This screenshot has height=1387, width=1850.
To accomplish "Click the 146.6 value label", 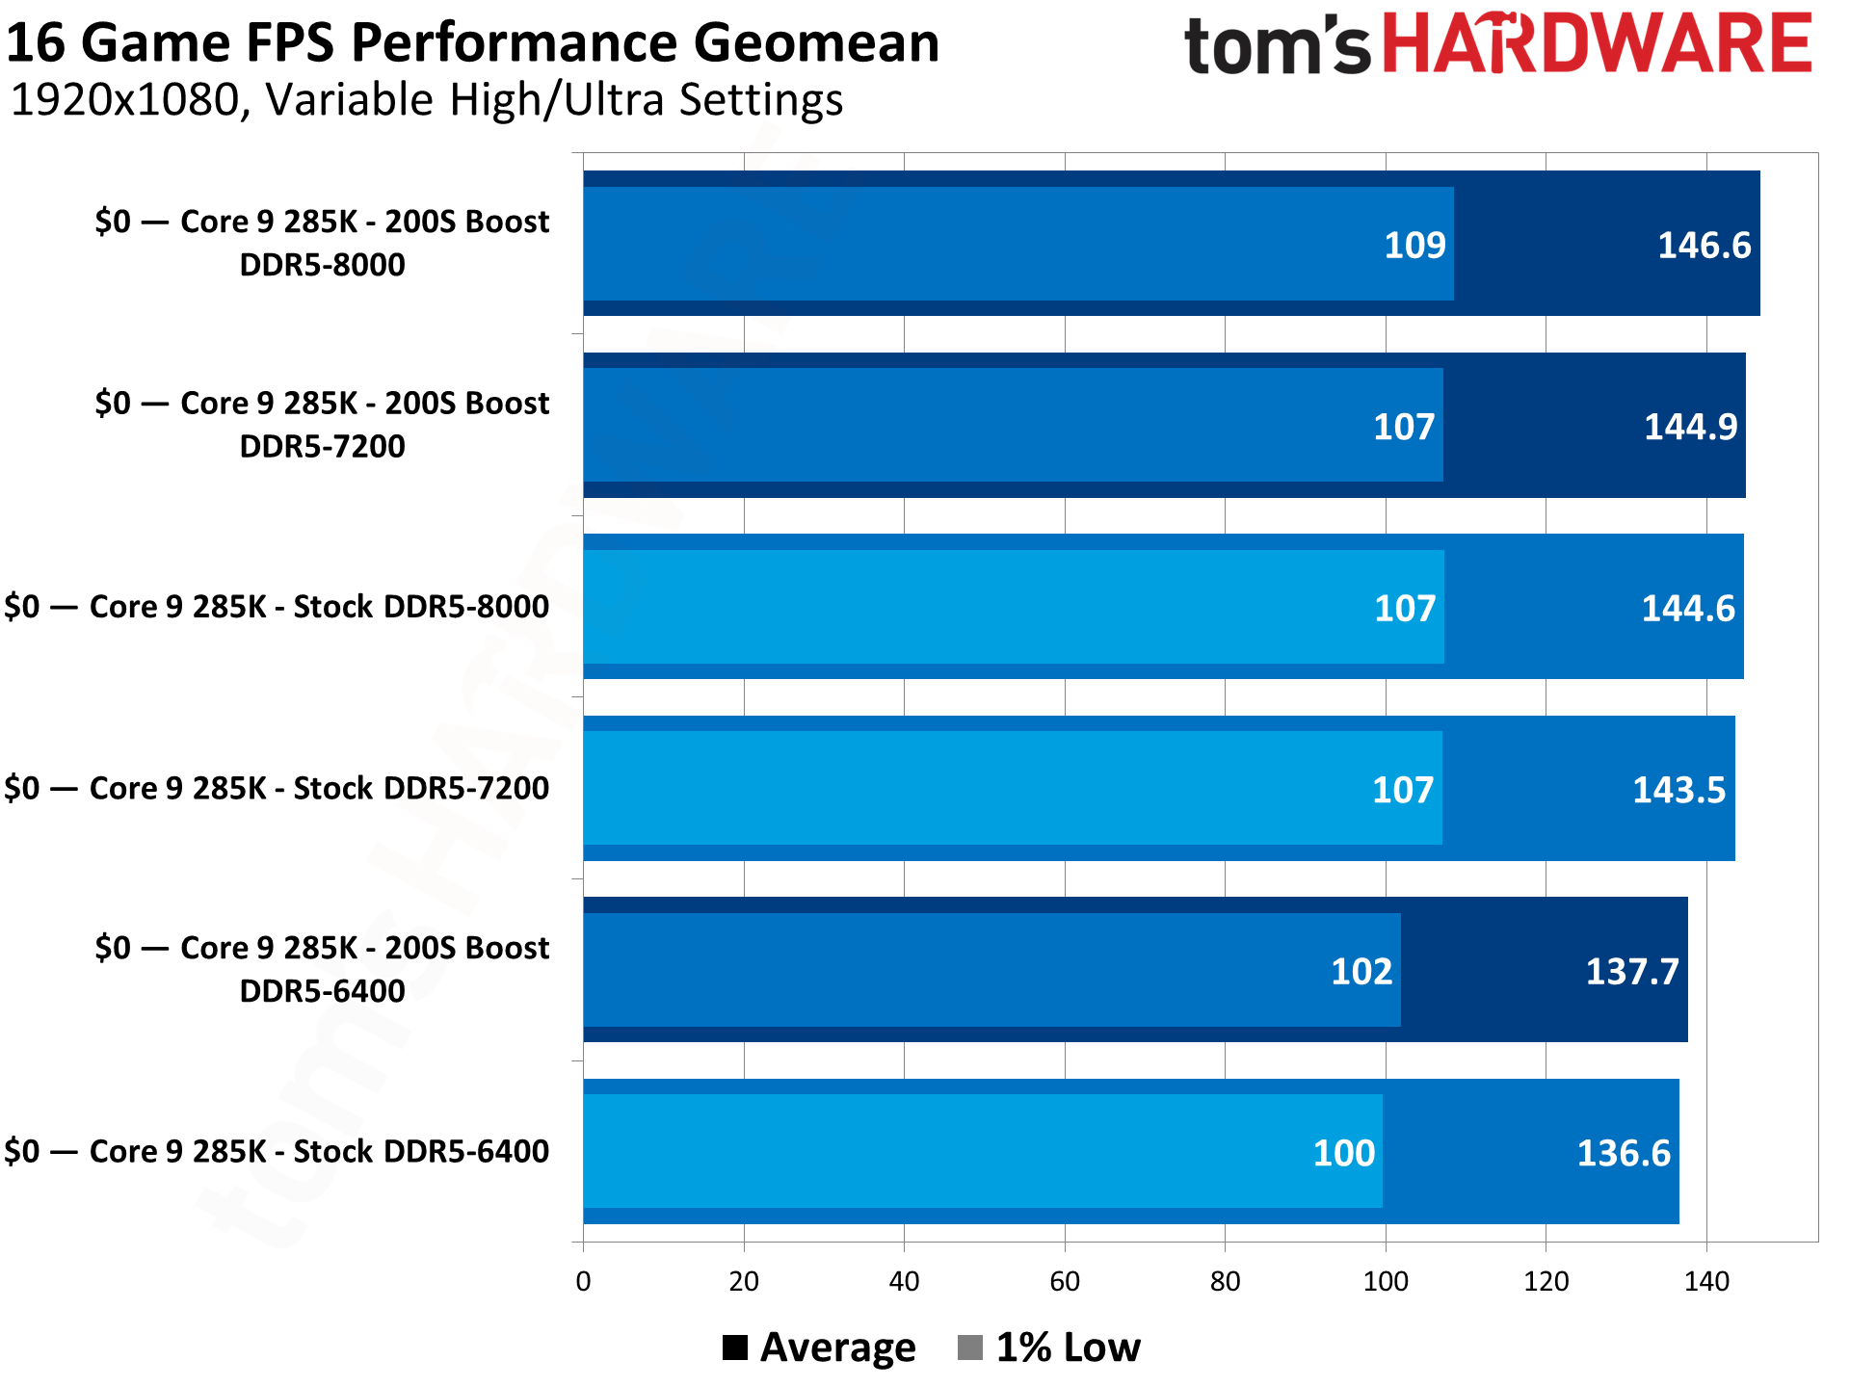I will coord(1704,246).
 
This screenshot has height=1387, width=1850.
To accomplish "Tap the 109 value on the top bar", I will coord(1414,246).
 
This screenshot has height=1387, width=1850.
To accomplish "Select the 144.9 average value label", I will coord(1690,427).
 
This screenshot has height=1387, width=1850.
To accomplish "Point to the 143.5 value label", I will coord(1678,790).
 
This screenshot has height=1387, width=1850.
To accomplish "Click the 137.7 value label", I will coord(1632,971).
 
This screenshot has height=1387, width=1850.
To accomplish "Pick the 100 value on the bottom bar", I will coord(1343,1153).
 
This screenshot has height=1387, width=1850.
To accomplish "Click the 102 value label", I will coord(1361,971).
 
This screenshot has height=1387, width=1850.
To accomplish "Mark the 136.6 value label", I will coord(1624,1153).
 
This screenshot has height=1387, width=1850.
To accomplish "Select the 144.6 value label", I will coord(1688,608).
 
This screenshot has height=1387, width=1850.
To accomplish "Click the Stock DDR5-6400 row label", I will coord(277,1151).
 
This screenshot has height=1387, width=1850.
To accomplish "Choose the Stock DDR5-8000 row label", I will coord(277,607).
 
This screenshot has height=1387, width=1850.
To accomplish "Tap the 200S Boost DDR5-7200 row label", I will coord(322,425).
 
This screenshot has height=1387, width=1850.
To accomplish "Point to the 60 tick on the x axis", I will coord(1065,1281).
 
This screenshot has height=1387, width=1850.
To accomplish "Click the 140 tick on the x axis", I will coord(1706,1281).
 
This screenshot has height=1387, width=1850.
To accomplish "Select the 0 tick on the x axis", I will coord(583,1281).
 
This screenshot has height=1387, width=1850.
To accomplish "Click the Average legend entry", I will coord(819,1348).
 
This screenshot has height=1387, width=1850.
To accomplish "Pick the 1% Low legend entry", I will coord(1049,1348).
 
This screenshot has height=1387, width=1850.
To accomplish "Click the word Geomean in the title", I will coord(815,43).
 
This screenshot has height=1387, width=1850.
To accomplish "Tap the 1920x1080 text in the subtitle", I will coord(123,100).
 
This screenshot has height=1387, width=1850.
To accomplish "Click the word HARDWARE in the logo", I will coord(1598,44).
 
